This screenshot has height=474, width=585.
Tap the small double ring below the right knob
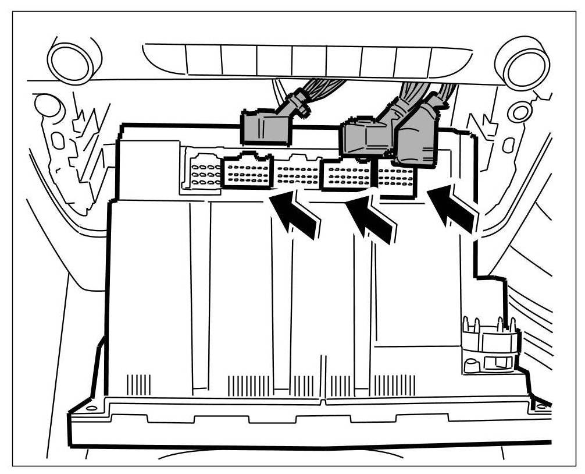pyautogui.click(x=519, y=111)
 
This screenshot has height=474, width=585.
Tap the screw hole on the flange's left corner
pyautogui.click(x=91, y=408)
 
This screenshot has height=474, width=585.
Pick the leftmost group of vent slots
pyautogui.click(x=139, y=385)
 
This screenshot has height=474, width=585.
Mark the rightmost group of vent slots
pyautogui.click(x=395, y=385)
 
